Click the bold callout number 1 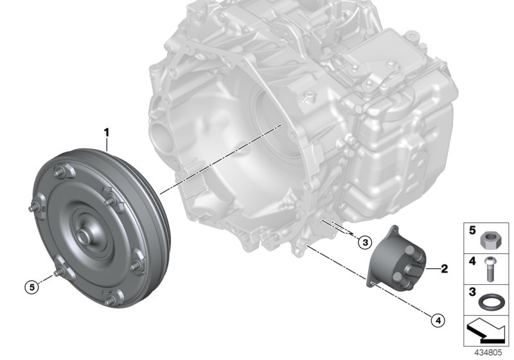coord(107,133)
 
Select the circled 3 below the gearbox coord(364,242)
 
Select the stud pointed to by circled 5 coord(55,274)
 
